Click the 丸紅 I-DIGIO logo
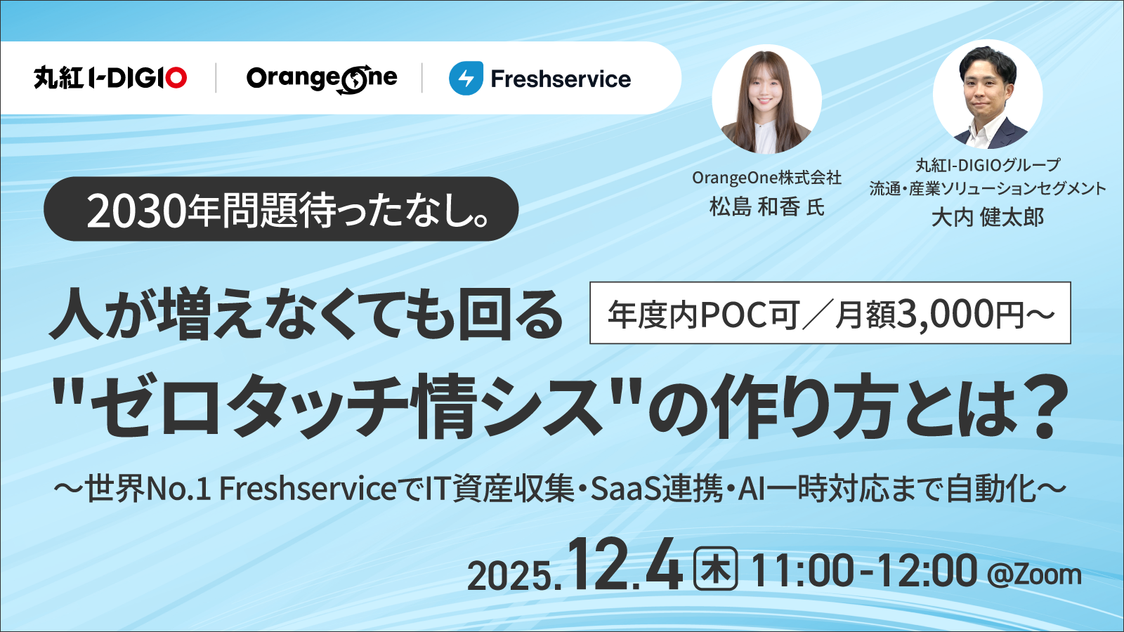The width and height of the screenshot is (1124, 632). tap(110, 77)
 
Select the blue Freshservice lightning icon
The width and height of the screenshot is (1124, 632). tap(466, 78)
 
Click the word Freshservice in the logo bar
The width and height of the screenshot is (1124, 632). tap(561, 79)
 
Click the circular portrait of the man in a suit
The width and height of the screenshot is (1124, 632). tap(988, 94)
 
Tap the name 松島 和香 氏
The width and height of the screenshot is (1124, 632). tap(766, 207)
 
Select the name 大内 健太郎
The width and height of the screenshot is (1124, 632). tap(988, 218)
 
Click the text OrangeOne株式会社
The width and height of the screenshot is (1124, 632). tap(766, 178)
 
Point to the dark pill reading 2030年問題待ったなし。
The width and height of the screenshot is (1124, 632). tap(281, 209)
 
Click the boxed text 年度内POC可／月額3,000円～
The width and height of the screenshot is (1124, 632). tap(830, 313)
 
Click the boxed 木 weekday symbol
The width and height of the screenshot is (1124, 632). tap(715, 570)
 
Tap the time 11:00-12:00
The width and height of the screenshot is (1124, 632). tap(863, 570)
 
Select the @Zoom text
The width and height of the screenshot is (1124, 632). tap(1034, 574)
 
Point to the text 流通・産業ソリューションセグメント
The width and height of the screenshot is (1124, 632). tap(988, 188)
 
